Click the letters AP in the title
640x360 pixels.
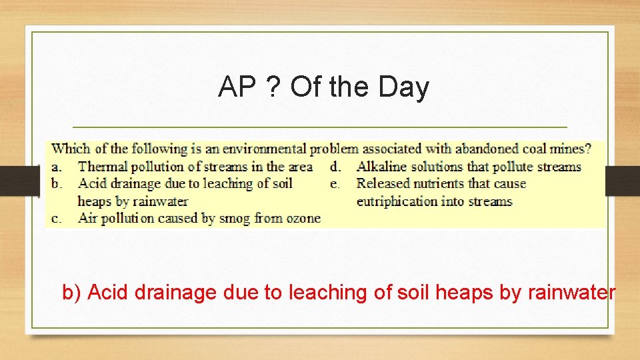click(x=235, y=87)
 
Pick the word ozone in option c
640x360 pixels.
click(x=303, y=218)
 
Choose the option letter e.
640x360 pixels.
click(x=335, y=184)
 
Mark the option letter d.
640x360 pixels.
click(x=335, y=167)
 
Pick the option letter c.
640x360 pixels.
click(x=57, y=218)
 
